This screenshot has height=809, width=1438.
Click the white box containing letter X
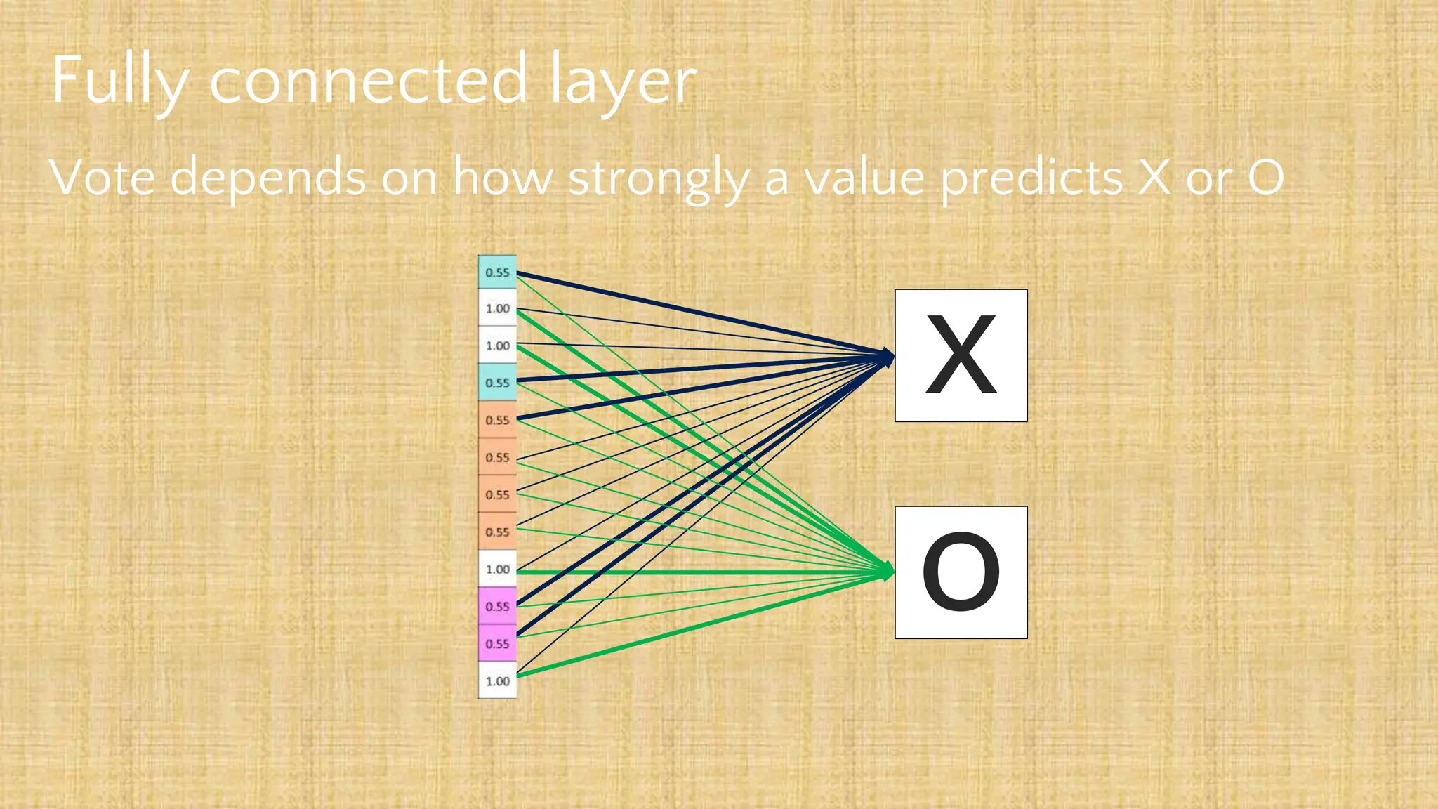(x=961, y=355)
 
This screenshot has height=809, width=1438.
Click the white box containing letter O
(x=961, y=572)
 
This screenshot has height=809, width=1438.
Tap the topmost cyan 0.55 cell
(x=497, y=272)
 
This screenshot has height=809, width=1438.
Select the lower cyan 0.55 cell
(x=497, y=382)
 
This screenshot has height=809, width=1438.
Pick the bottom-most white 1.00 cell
(x=497, y=680)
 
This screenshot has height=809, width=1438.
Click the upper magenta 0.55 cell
(x=497, y=606)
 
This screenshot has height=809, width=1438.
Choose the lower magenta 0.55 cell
(x=497, y=643)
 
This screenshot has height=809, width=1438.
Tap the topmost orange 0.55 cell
(x=497, y=420)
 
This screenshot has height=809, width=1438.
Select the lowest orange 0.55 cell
(x=497, y=532)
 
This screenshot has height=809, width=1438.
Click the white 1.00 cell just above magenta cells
(x=497, y=569)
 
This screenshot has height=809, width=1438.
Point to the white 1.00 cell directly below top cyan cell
(x=497, y=308)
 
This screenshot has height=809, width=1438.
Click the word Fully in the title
(x=119, y=81)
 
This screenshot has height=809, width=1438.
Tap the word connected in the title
(x=368, y=81)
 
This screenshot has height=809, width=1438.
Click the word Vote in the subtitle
(x=103, y=177)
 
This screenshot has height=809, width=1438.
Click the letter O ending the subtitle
(x=1266, y=177)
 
